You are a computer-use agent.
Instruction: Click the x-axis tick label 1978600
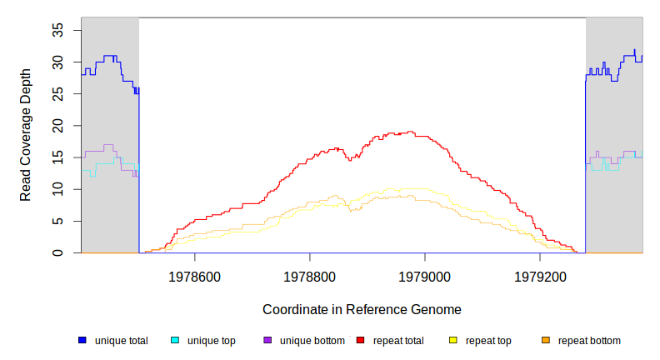tap(194, 276)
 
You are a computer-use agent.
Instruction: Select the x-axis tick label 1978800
tap(310, 276)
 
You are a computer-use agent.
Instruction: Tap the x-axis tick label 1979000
tap(425, 276)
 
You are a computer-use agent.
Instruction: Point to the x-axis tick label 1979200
tap(540, 276)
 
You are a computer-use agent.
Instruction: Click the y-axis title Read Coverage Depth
tap(26, 135)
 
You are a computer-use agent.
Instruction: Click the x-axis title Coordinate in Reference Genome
tap(362, 309)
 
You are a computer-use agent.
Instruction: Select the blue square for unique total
tap(82, 340)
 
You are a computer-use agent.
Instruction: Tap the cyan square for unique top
tap(175, 340)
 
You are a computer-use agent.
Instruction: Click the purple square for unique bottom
tap(267, 340)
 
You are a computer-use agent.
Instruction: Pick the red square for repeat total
tap(360, 340)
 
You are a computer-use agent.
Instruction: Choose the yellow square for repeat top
tap(452, 340)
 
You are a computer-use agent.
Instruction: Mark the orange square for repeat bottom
tap(545, 340)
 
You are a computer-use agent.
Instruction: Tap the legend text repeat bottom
tap(589, 341)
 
